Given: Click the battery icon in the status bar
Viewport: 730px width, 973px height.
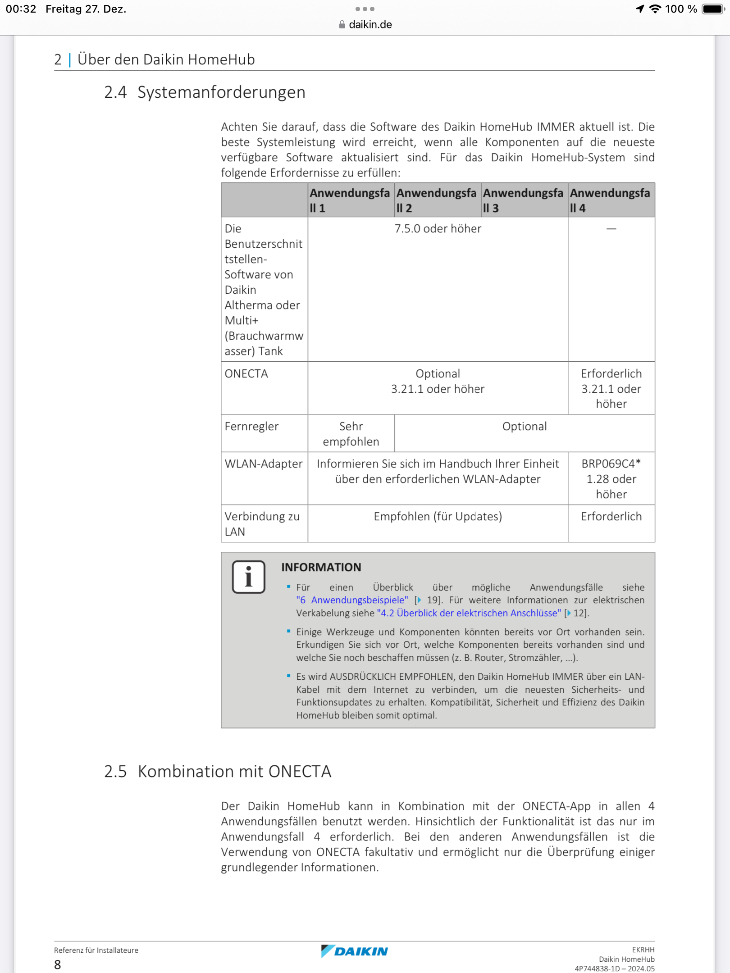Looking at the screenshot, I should (713, 9).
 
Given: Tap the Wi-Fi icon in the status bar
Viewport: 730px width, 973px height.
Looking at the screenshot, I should (655, 9).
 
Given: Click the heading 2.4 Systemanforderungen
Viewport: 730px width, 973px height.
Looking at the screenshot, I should (205, 92).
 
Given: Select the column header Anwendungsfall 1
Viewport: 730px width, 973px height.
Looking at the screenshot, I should (349, 200).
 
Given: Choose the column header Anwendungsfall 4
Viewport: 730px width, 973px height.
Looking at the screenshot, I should (610, 200).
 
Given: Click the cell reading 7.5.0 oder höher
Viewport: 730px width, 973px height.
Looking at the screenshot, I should (438, 229).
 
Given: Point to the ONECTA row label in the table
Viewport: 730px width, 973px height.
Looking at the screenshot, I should (246, 374).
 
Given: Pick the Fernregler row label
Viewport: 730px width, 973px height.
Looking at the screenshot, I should (251, 427).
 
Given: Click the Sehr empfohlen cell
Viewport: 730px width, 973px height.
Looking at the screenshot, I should (351, 434).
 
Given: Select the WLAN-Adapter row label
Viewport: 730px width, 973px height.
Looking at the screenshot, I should (264, 464).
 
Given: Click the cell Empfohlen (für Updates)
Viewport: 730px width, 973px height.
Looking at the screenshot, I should (438, 517).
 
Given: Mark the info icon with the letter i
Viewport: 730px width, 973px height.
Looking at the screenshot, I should (248, 577).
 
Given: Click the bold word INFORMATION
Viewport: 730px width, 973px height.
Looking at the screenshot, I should (321, 568).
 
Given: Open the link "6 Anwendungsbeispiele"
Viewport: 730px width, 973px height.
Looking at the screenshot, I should (352, 600).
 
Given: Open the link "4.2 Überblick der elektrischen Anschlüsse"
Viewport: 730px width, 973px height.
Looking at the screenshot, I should (469, 613).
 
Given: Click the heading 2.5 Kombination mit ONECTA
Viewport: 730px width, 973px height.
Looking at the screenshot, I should (218, 772).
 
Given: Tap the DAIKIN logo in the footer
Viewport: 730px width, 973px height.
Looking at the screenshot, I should (355, 951).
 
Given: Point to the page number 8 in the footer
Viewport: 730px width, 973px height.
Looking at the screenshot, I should (58, 965).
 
